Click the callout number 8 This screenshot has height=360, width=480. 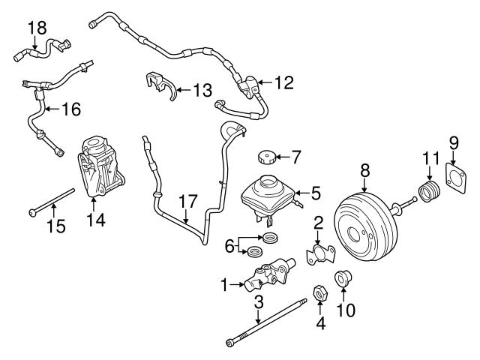(x=365, y=170)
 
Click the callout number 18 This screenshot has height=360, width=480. (x=37, y=28)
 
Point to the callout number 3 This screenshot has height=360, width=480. (x=258, y=303)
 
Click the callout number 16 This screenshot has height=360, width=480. (x=70, y=110)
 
